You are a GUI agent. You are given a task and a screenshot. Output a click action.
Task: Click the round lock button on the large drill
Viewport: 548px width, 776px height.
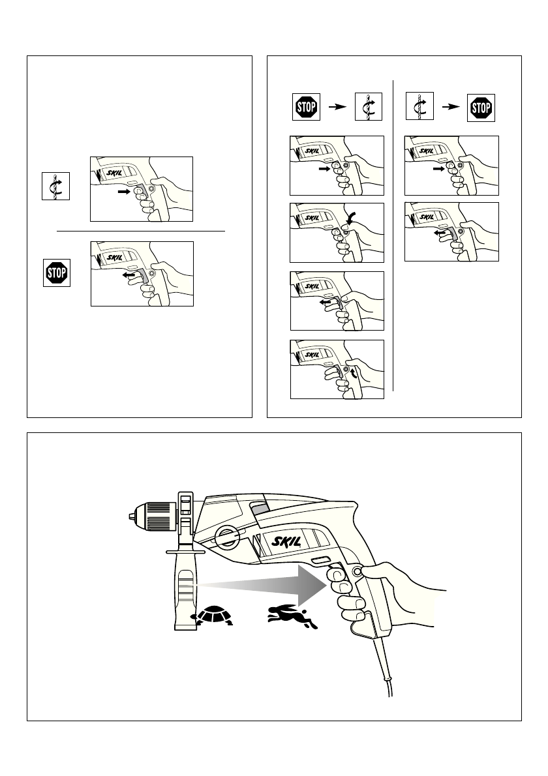tap(357, 572)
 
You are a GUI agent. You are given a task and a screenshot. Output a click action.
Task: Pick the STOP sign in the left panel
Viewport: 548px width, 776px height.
tap(57, 273)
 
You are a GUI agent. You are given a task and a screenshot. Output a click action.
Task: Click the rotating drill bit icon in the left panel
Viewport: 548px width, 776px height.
tap(57, 186)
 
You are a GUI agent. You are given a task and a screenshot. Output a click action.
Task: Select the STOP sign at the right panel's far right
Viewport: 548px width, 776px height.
tap(481, 107)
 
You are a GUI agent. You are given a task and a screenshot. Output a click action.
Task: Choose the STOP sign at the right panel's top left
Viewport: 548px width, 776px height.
tap(304, 107)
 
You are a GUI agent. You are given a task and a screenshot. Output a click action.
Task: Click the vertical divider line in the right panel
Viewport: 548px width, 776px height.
tap(394, 235)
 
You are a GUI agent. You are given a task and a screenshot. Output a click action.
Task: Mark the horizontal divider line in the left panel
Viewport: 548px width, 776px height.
tap(141, 230)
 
